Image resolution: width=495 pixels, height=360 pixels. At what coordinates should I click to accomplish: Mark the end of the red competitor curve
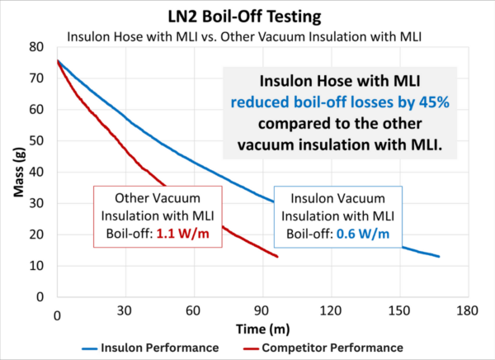pos(277,257)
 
